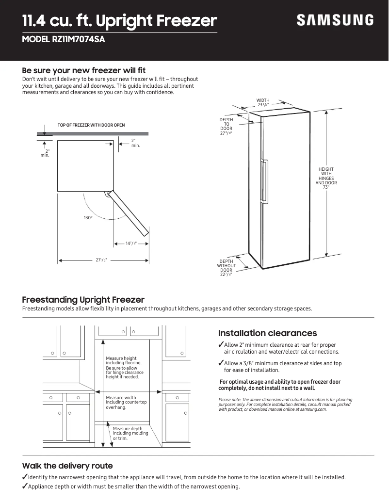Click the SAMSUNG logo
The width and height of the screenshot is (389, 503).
click(335, 20)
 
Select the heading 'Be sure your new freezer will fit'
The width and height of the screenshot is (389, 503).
click(84, 70)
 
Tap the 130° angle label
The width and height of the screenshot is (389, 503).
click(88, 218)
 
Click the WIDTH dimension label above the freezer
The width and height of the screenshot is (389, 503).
click(263, 102)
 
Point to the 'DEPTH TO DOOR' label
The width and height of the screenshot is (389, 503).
click(226, 127)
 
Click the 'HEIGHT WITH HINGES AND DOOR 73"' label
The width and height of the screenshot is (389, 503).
click(326, 178)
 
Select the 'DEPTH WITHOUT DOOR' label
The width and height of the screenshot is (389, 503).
click(226, 268)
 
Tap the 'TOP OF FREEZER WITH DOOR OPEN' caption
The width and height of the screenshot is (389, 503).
click(91, 125)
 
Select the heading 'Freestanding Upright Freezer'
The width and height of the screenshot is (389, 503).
click(83, 300)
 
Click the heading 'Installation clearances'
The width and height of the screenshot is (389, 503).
click(267, 333)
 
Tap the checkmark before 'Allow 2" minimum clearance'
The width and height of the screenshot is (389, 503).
click(221, 345)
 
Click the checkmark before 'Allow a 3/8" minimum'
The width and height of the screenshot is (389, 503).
click(221, 363)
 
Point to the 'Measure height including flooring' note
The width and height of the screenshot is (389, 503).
click(124, 367)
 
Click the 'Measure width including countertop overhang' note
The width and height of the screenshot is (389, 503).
click(126, 402)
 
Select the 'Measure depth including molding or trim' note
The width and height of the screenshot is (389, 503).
click(128, 433)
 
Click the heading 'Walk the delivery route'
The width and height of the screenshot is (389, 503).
click(67, 466)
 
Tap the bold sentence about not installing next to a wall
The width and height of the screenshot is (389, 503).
click(279, 385)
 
